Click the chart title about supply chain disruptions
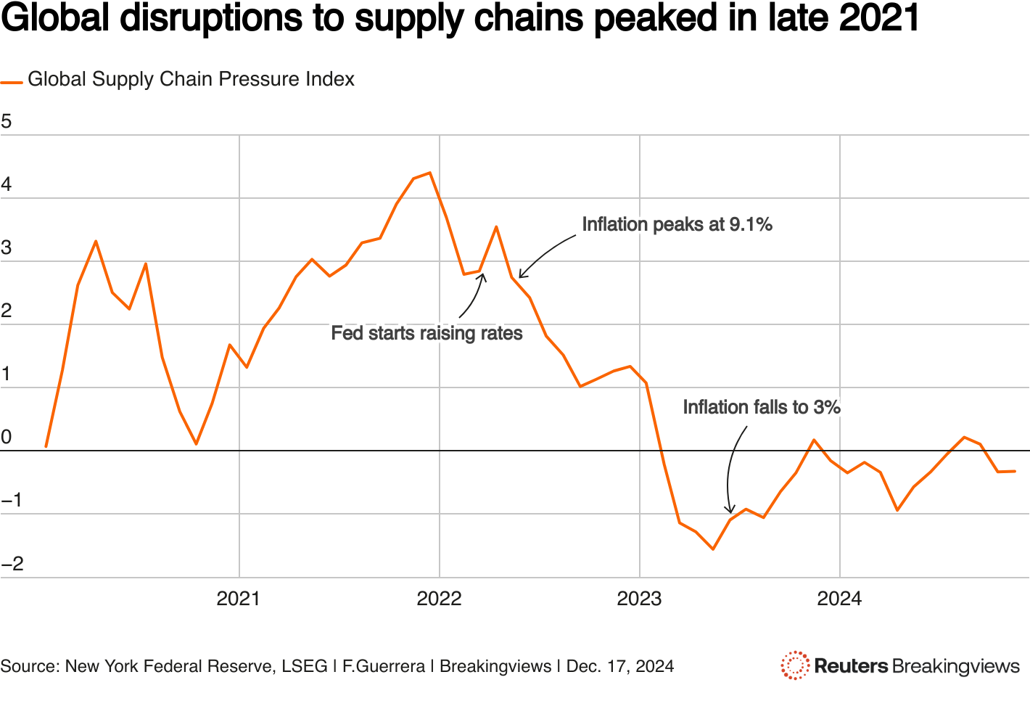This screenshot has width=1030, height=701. click(460, 20)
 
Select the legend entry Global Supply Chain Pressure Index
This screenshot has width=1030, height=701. click(191, 79)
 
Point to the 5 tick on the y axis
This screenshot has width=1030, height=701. click(7, 121)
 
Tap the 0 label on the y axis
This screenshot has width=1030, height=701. click(7, 437)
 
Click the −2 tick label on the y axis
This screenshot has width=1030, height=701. click(12, 564)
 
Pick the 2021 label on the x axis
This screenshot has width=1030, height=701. click(239, 599)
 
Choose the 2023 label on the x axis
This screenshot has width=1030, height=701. click(639, 599)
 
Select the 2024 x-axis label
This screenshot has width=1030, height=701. click(839, 599)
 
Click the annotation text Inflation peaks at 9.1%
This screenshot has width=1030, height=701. click(677, 225)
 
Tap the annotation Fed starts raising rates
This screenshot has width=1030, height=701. click(427, 334)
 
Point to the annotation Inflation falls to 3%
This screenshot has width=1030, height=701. click(762, 408)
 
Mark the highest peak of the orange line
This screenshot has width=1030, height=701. click(430, 173)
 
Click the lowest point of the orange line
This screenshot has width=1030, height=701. click(713, 549)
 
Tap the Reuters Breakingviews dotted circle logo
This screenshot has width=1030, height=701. click(795, 665)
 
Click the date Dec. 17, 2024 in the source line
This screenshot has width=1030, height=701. click(620, 666)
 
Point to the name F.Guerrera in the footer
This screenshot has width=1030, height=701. click(384, 666)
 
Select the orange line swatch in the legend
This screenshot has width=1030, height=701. click(12, 82)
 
